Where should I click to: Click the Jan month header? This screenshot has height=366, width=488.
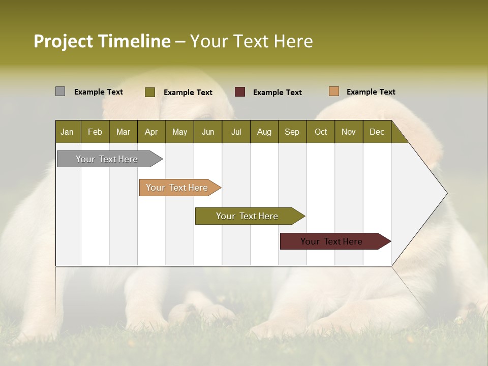click(68, 132)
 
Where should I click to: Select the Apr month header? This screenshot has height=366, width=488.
click(151, 132)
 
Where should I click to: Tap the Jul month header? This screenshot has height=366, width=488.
click(236, 132)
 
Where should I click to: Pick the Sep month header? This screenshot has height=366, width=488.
click(292, 132)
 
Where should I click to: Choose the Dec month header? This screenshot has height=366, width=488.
click(377, 132)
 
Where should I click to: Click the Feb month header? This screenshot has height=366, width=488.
click(95, 132)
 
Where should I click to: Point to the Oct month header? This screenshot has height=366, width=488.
click(321, 132)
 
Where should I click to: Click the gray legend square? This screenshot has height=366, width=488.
click(60, 91)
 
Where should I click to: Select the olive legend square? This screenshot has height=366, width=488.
click(149, 92)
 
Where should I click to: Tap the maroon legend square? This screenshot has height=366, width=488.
click(239, 92)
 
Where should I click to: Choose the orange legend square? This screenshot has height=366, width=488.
click(333, 91)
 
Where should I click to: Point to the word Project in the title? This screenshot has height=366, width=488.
click(63, 41)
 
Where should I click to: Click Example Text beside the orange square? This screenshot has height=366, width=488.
click(371, 92)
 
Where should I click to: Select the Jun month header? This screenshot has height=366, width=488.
click(208, 132)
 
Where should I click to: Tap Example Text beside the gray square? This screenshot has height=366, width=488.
click(98, 92)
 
